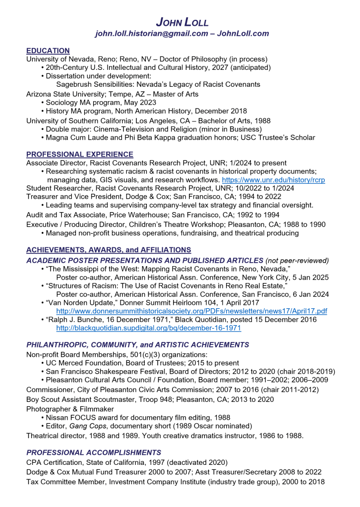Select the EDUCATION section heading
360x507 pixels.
(x=48, y=51)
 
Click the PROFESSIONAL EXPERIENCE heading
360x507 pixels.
(x=79, y=154)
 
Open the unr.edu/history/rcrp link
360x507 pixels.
(x=273, y=179)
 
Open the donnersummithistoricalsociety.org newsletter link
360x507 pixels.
(x=191, y=311)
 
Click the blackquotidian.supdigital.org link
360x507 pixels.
(x=149, y=328)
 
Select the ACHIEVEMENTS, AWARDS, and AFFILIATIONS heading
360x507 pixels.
(x=109, y=250)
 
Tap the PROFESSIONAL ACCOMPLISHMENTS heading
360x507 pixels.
(x=94, y=452)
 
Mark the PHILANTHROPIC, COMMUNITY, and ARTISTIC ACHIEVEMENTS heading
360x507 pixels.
(x=138, y=344)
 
